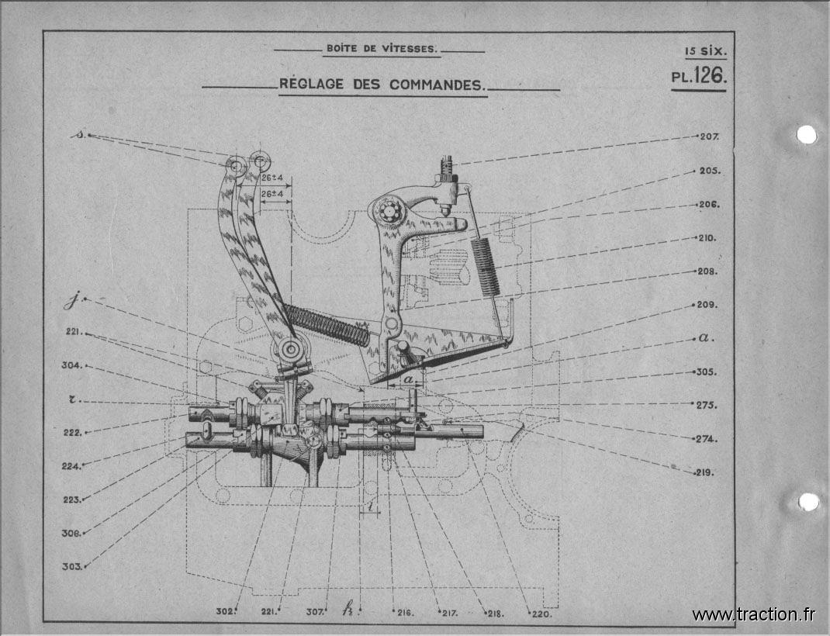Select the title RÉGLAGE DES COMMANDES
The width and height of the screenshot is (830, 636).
[382, 84]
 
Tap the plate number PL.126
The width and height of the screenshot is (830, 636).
[699, 76]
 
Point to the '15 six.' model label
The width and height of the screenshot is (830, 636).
[706, 51]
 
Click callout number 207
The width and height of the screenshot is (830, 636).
[709, 137]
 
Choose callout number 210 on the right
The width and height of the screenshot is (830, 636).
[707, 238]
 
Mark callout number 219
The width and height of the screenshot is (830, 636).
[704, 472]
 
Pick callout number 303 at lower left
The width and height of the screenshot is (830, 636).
[72, 567]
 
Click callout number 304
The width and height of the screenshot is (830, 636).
[72, 365]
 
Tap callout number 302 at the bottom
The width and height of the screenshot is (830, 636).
[225, 612]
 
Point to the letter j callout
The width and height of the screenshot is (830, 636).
[71, 301]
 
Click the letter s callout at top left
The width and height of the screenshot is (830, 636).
[79, 134]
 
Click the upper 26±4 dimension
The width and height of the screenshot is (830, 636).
[272, 178]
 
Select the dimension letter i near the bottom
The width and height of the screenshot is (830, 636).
[371, 506]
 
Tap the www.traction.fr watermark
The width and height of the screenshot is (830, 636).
[753, 614]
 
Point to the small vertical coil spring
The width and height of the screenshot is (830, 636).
[486, 266]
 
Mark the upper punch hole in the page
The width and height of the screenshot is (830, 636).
[807, 134]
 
